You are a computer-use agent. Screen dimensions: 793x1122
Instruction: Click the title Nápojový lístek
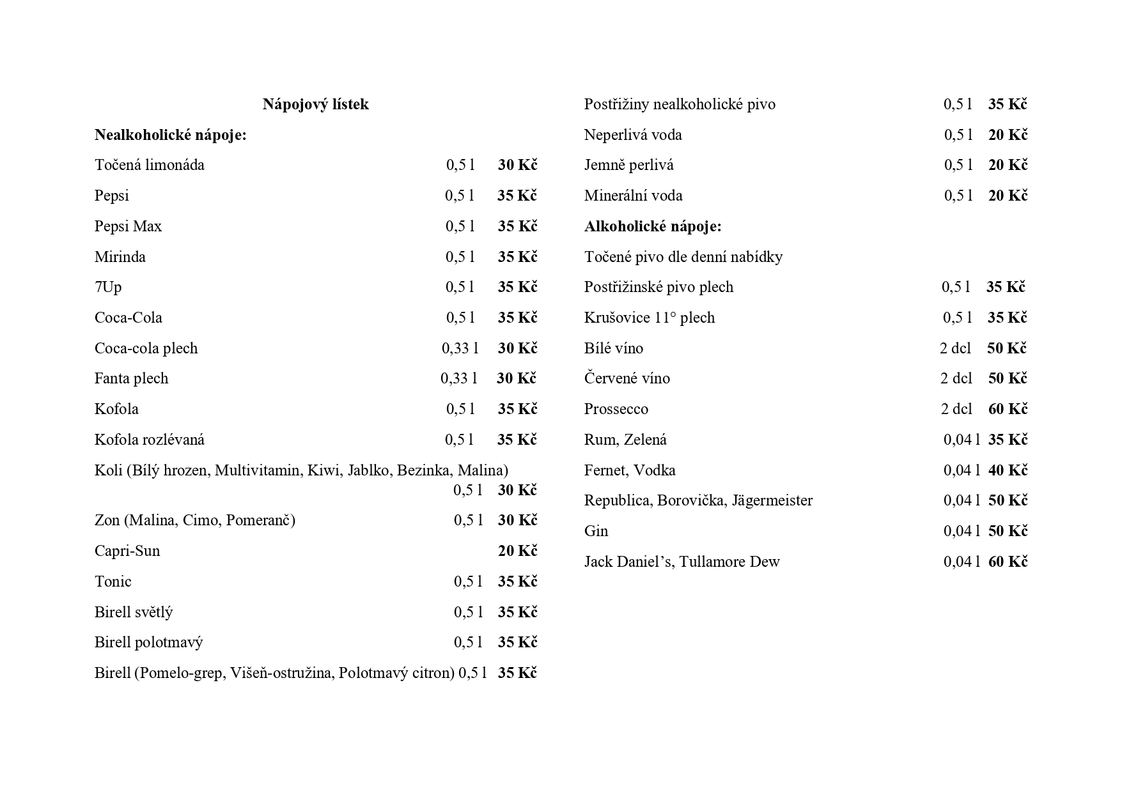pos(315,104)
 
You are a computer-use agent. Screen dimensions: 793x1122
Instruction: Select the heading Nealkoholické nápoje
pos(170,135)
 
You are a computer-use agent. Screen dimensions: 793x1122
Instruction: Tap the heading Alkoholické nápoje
pos(652,226)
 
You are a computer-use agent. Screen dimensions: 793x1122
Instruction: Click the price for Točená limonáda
pos(517,165)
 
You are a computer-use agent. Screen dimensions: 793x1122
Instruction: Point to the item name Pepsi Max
pos(128,226)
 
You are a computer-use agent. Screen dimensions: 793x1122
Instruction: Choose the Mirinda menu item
pos(120,257)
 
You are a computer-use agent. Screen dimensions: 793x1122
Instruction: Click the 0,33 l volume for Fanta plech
pos(458,378)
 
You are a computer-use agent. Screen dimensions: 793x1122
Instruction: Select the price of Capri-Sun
pos(517,551)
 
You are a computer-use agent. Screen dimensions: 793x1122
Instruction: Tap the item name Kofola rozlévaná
pos(149,440)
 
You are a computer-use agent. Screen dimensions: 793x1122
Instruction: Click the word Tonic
pos(113,581)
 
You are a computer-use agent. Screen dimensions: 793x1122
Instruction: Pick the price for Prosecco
pos(1008,409)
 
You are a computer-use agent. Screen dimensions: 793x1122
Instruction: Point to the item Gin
pos(596,531)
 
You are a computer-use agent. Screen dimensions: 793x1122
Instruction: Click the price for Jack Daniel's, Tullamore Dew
pos(1008,562)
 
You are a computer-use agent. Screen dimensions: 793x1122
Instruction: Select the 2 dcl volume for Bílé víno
pos(955,348)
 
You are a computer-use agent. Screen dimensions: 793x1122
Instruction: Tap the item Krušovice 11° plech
pos(649,318)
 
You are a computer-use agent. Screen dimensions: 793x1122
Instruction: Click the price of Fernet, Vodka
pos(1008,470)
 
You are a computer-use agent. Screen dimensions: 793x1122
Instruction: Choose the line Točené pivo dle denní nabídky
pos(683,257)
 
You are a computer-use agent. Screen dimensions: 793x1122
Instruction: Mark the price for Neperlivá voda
pos(1008,135)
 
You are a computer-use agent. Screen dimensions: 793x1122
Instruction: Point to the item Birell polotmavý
pos(148,642)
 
